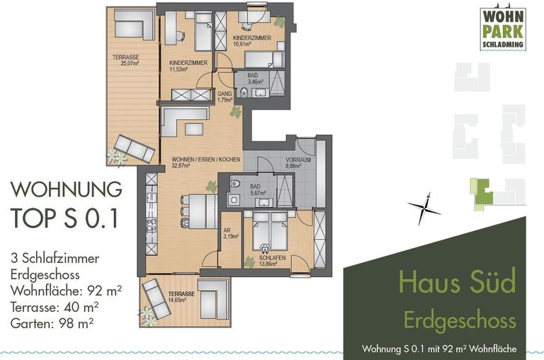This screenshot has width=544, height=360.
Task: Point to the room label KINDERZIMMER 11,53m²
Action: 188,66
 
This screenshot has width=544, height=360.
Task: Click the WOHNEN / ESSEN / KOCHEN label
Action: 200,162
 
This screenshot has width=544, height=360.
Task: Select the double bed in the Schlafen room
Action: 265,230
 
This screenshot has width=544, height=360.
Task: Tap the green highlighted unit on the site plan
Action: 482,190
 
